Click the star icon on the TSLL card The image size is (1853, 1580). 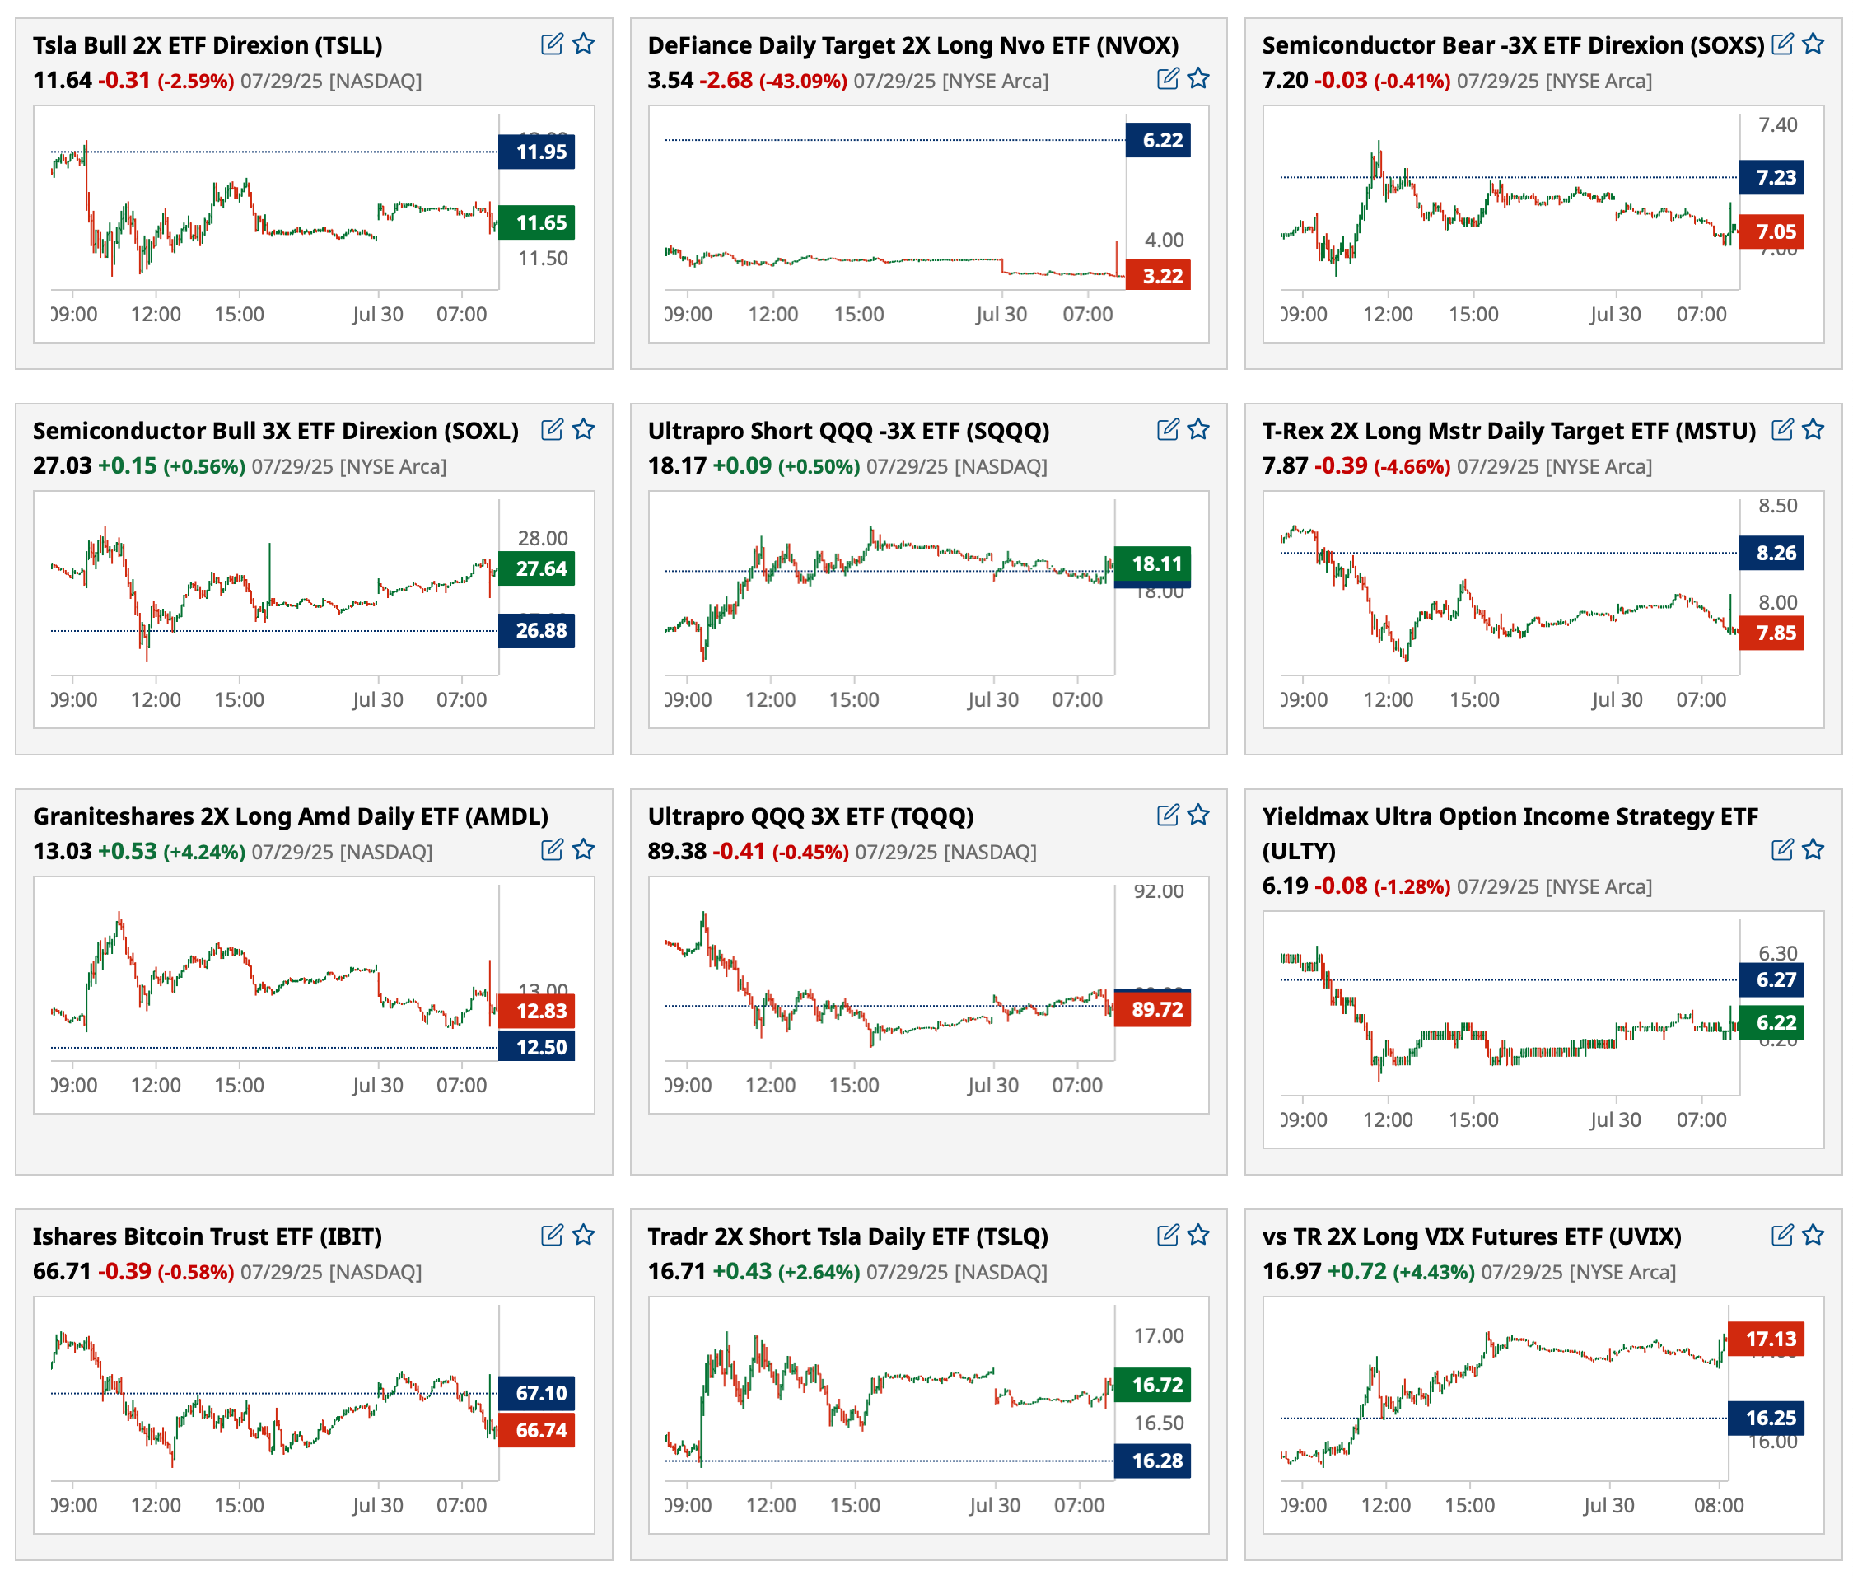583,43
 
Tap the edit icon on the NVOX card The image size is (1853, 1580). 1167,79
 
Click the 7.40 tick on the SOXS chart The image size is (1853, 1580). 1777,125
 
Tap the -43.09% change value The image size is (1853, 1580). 802,82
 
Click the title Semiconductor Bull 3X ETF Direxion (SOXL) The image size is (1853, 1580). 275,430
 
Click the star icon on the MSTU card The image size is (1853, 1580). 1813,429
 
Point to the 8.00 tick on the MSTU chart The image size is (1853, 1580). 1777,602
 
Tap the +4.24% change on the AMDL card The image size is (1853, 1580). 204,852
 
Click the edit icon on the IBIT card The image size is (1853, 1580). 552,1235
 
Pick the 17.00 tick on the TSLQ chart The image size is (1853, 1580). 1158,1336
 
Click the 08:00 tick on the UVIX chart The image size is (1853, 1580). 1718,1505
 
